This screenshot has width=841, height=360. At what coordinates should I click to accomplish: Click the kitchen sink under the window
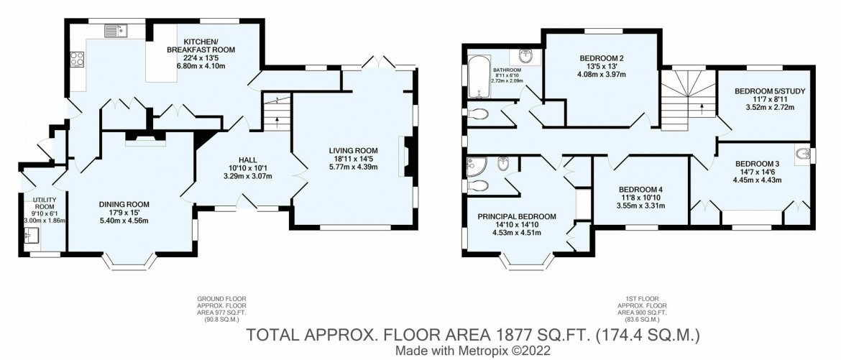(x=115, y=30)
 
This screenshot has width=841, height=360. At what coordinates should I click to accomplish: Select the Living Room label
(x=353, y=150)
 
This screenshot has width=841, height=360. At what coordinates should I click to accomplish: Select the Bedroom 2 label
(x=601, y=58)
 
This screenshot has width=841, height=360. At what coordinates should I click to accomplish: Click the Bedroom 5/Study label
(x=769, y=91)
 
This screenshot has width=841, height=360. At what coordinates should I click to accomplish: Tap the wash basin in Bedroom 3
(x=802, y=153)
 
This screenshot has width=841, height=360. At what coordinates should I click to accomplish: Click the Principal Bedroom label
(x=517, y=216)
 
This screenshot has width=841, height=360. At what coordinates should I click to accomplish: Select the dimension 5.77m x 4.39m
(x=353, y=167)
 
